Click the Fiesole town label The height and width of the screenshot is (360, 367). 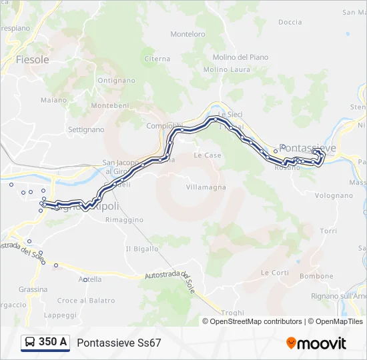coord(33,59)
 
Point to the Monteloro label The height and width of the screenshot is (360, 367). coord(188,34)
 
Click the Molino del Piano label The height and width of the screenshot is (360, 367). coord(240,57)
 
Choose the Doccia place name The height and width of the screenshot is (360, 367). coord(290,22)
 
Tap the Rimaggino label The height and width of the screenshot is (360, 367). coord(124,219)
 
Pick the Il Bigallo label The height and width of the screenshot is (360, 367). coord(142,249)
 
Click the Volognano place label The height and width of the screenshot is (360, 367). coord(334,195)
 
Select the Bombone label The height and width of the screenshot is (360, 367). coord(316,276)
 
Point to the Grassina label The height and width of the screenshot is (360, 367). coord(33,289)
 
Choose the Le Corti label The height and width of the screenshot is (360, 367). coord(275,273)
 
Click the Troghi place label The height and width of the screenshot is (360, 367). coord(233,313)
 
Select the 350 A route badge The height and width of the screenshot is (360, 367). coord(45,342)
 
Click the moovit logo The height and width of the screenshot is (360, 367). coord(316,343)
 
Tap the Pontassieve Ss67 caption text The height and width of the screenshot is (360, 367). coord(119,343)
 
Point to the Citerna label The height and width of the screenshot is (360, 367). coord(157,59)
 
